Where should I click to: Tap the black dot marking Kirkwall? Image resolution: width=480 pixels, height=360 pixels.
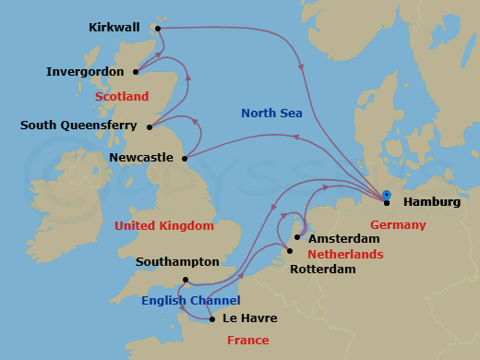coord(159,29)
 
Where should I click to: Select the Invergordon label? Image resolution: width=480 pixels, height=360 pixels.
coord(85,71)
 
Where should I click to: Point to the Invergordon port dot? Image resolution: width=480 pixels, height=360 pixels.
coord(137,71)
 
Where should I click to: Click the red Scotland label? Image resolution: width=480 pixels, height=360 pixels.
coord(121,96)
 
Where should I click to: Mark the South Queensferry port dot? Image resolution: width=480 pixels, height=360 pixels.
coord(150,126)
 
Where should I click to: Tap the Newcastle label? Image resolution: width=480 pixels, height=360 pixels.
coord(140,158)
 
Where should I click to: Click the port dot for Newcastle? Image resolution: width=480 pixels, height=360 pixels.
coord(186,157)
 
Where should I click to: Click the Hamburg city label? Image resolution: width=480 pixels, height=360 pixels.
coord(432,203)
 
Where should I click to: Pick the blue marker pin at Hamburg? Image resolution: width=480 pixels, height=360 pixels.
coord(386,194)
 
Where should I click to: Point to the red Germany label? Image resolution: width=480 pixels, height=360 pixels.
coord(398,225)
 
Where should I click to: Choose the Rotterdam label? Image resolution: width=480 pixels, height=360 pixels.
coord(323,269)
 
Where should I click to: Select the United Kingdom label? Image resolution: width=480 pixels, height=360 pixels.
coord(164,225)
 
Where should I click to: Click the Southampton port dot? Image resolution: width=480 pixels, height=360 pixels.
coord(186,280)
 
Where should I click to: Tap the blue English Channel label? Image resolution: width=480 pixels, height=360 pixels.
coord(191,301)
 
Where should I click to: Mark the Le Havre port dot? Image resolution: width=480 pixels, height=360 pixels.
coord(212,319)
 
